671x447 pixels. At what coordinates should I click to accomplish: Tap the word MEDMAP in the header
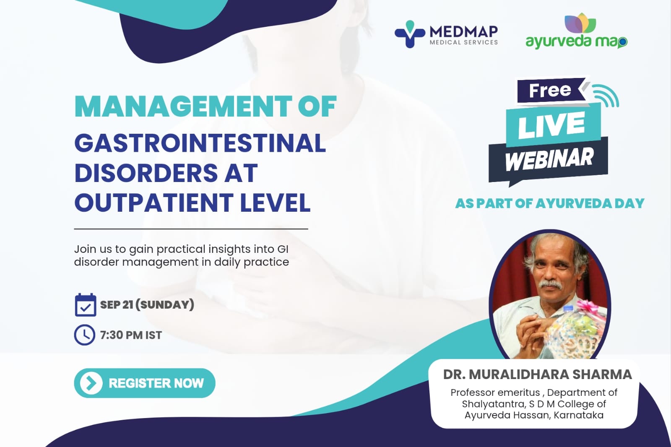click(463, 31)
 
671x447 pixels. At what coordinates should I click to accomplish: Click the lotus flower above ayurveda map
click(580, 23)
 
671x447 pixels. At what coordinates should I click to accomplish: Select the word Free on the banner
click(550, 90)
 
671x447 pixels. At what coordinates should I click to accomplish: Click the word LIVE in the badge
click(551, 125)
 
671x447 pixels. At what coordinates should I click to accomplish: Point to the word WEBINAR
click(549, 160)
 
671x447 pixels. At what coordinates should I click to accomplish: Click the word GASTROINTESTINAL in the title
click(200, 143)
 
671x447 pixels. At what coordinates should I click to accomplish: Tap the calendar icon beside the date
click(85, 305)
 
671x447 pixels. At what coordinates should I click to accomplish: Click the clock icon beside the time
click(85, 335)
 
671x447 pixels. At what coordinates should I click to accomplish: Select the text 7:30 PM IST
click(131, 335)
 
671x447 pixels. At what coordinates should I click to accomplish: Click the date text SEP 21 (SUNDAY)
click(147, 305)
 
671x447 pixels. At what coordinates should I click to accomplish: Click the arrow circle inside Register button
click(91, 383)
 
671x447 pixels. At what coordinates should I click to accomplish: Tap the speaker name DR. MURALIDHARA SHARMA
click(537, 374)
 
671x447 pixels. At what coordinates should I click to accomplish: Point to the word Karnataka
click(578, 415)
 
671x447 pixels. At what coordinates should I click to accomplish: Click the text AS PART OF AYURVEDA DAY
click(549, 204)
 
